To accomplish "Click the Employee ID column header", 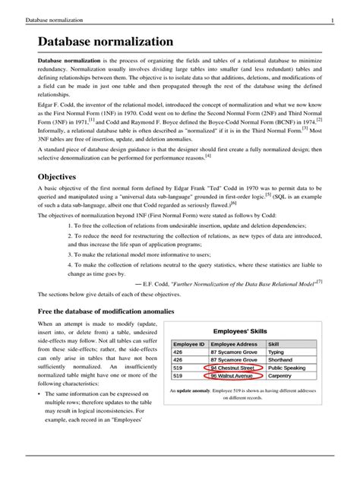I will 189,344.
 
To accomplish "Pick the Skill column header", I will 273,344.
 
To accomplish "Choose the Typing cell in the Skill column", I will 276,352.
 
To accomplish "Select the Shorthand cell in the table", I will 280,359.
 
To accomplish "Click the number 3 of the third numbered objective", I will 69,257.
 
